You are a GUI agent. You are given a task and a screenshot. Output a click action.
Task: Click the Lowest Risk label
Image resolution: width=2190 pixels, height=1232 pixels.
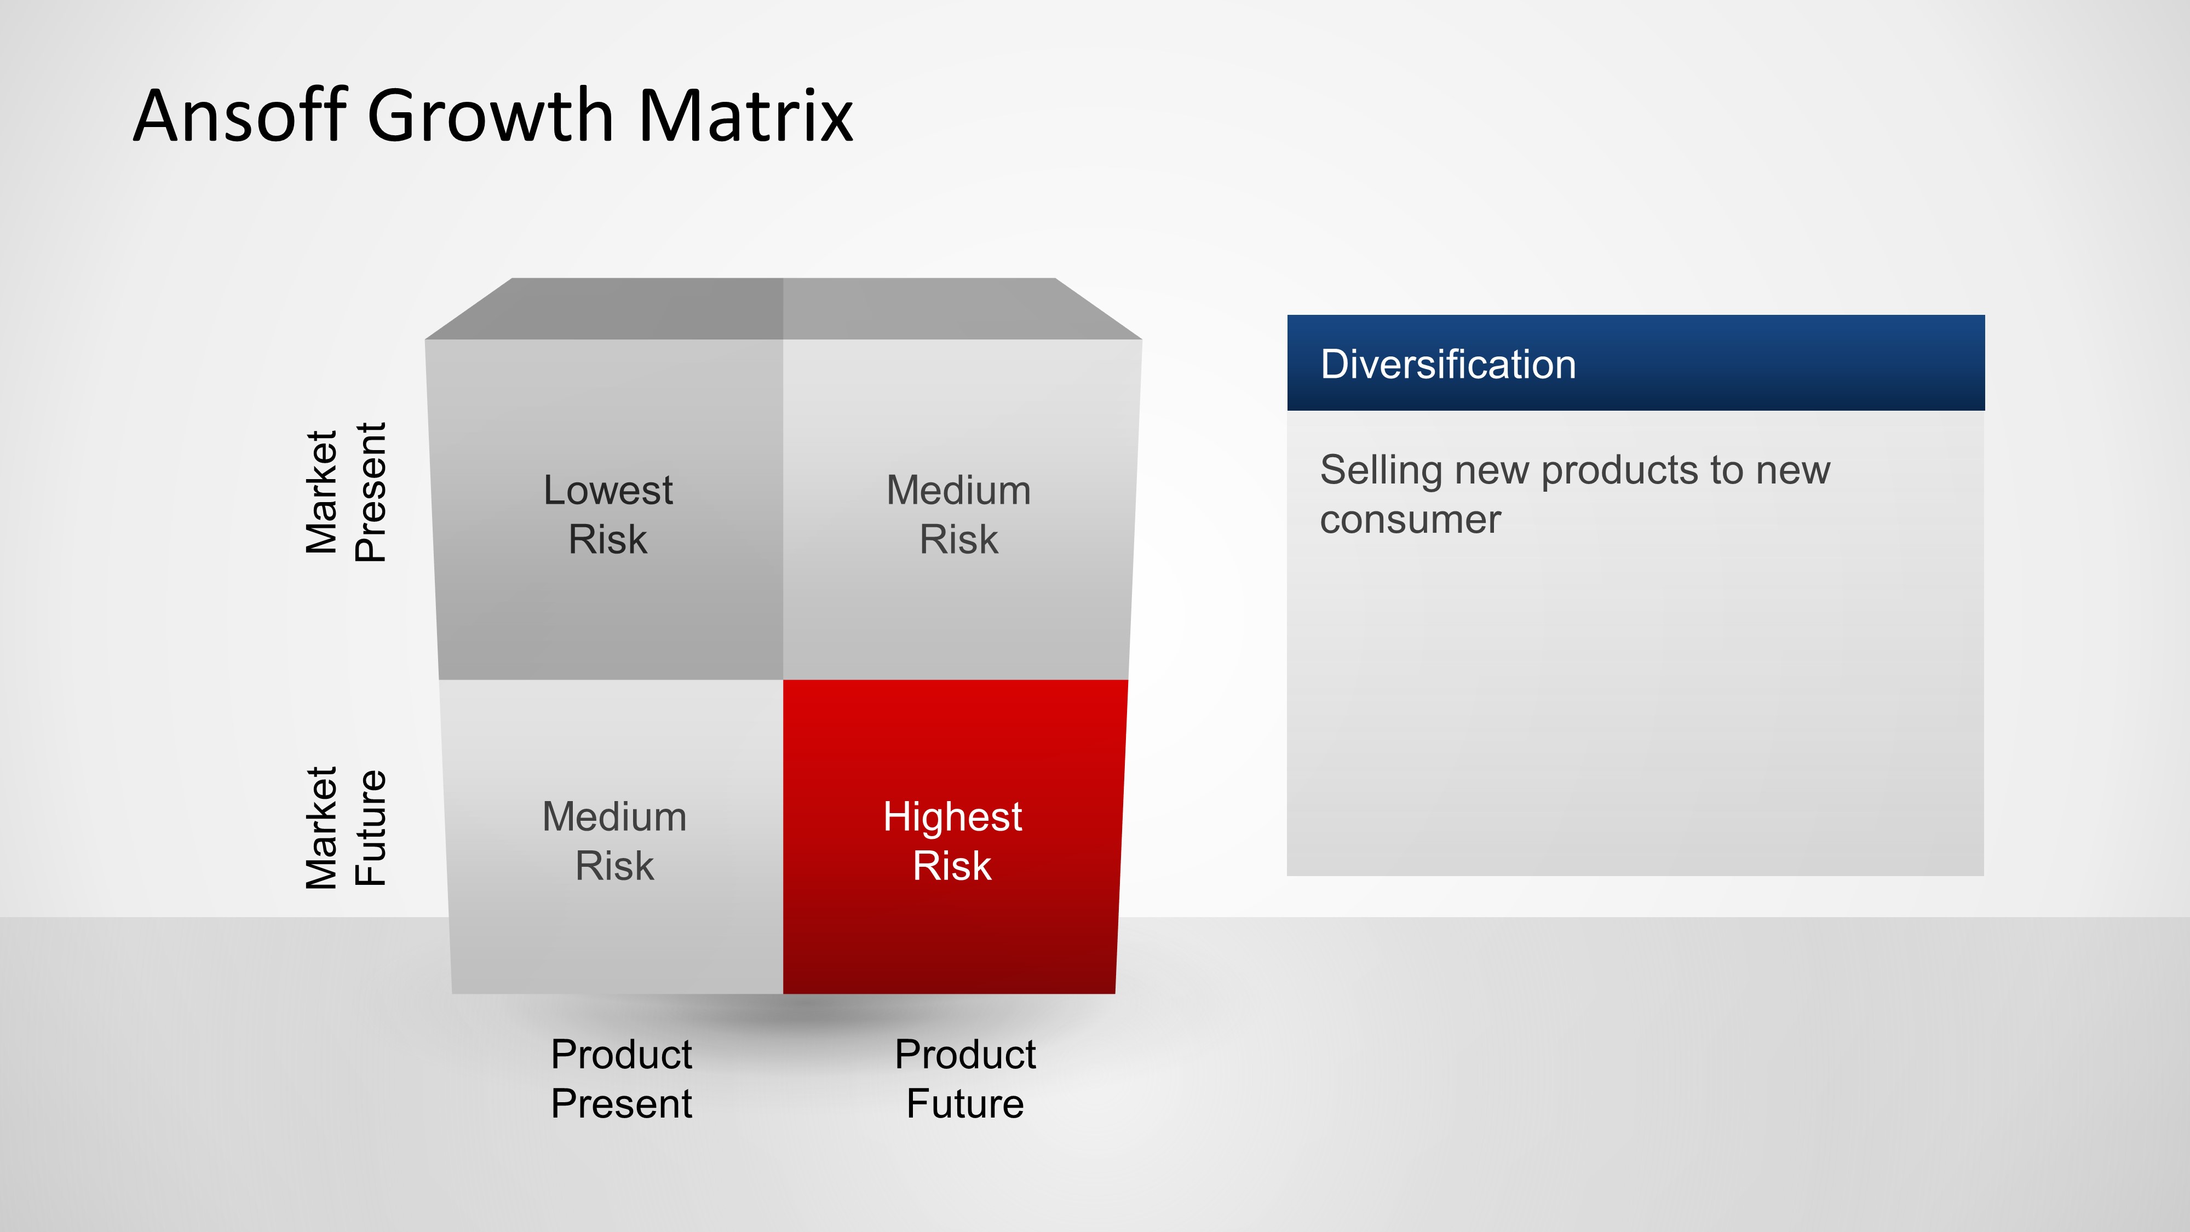coord(608,514)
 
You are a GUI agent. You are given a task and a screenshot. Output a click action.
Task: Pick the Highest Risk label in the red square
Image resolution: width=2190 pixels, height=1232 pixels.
coord(952,841)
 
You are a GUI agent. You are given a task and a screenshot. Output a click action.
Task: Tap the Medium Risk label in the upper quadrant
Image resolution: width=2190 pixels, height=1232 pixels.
coord(959,514)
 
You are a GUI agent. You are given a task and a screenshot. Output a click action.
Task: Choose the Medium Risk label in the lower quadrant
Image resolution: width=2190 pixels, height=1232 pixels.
coord(614,841)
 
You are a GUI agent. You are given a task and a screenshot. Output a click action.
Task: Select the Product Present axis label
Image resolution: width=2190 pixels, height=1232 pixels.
coord(622,1079)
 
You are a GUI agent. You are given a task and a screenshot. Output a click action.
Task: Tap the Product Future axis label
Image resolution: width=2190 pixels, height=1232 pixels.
coord(965,1079)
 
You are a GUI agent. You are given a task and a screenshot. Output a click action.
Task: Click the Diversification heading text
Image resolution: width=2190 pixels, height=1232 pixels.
coord(1448,364)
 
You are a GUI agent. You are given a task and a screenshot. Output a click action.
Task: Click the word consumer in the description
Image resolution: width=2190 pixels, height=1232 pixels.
coord(1410,520)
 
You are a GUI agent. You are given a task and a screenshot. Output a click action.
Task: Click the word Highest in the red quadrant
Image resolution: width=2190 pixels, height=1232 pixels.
coord(952,817)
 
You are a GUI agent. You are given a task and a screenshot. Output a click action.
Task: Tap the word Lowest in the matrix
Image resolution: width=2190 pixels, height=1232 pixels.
coord(608,491)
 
